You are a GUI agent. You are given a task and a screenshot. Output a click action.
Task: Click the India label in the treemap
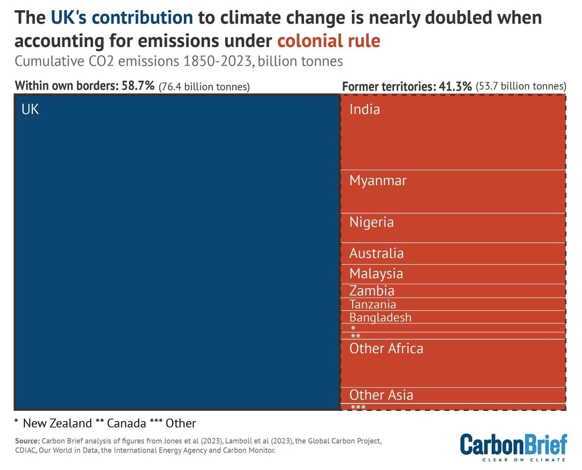tap(365, 110)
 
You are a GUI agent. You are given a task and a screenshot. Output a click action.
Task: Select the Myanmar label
tap(378, 181)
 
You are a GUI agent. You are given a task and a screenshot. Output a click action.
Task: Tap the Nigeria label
tap(372, 222)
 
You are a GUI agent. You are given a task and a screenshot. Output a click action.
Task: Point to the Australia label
tap(376, 253)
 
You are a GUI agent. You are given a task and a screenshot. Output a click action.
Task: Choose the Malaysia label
tap(376, 274)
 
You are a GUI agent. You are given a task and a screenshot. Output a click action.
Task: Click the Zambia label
tap(372, 291)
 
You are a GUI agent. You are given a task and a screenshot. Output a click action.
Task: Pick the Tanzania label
tap(372, 304)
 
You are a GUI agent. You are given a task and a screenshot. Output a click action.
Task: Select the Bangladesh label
tap(380, 317)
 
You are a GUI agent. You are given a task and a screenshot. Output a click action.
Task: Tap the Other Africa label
tap(386, 348)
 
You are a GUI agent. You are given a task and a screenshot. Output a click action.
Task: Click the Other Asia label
tap(381, 395)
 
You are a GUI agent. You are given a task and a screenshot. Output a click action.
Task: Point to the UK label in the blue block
tap(30, 110)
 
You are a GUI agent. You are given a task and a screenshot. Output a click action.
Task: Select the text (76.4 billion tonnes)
tap(204, 87)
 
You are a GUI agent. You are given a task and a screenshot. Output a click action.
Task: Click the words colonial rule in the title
tap(328, 41)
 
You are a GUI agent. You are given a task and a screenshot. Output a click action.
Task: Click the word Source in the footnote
tap(27, 441)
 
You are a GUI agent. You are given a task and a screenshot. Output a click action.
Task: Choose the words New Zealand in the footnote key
tap(57, 423)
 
